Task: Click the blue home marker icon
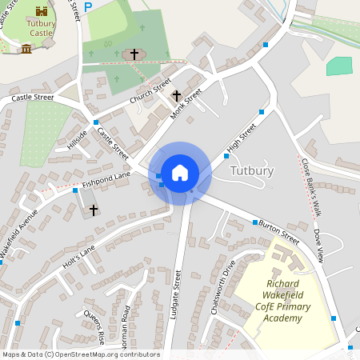[180, 173]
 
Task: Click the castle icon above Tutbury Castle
[42, 11]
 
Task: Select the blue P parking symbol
[88, 6]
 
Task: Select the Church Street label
[151, 94]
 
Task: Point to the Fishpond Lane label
[106, 180]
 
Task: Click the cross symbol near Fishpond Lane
[93, 210]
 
